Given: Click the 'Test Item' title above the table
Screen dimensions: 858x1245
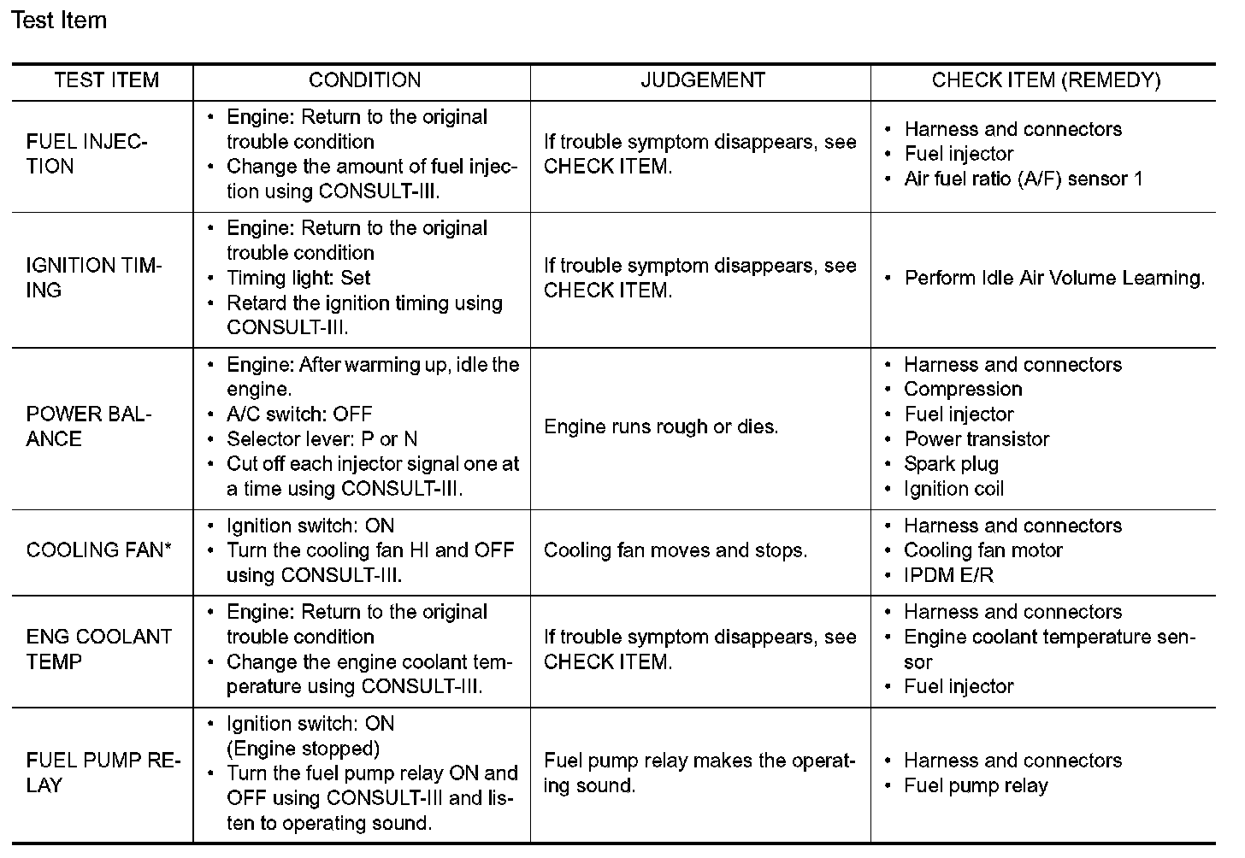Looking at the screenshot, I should (x=59, y=21).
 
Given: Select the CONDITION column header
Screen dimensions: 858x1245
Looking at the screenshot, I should (x=364, y=80).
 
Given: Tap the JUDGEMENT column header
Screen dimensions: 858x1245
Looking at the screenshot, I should (x=702, y=80).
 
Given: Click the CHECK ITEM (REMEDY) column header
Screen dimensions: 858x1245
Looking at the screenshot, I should (x=1046, y=80).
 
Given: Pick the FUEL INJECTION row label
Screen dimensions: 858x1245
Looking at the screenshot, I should (x=86, y=154).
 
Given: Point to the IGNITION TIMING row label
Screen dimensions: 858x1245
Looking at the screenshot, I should (x=93, y=278).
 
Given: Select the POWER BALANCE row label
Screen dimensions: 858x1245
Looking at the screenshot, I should (x=88, y=426).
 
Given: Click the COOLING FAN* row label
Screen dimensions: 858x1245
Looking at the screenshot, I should (x=98, y=550).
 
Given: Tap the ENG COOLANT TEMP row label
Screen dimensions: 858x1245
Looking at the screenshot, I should (x=98, y=649).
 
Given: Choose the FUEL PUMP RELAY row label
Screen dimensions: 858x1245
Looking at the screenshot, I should (x=103, y=773).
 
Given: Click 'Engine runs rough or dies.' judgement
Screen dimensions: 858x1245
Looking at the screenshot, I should (x=661, y=426).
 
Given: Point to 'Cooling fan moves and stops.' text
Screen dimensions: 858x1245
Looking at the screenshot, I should (x=675, y=550).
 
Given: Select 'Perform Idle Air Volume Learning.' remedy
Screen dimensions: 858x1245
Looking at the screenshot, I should (x=1054, y=278).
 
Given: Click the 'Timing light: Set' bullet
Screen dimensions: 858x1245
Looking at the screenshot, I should (x=298, y=278).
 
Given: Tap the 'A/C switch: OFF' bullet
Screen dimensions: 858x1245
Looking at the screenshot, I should (x=299, y=414).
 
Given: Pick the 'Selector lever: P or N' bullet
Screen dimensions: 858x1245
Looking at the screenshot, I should (x=322, y=439).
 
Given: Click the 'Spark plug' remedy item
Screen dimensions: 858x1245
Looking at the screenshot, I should (x=951, y=464).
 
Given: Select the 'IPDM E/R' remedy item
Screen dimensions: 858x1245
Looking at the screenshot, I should (x=948, y=575).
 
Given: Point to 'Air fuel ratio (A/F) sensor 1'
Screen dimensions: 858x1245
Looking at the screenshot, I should (x=1023, y=179).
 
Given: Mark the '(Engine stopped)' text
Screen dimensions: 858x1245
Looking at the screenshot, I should (x=303, y=749).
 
